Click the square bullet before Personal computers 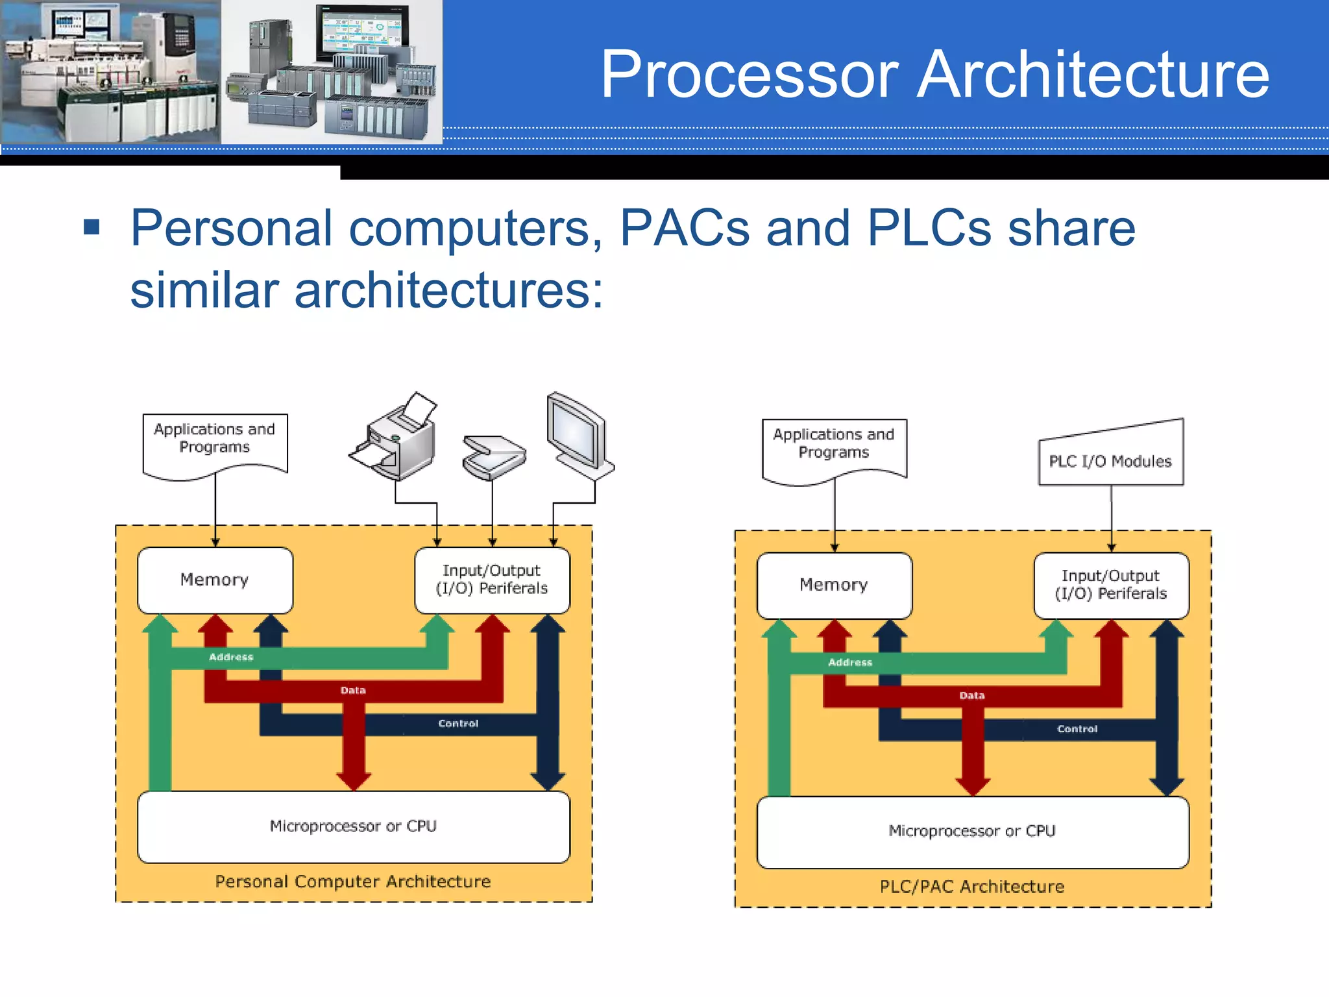pos(92,227)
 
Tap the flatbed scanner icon pos(493,457)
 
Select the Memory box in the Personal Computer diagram pos(215,580)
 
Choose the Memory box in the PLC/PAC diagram pos(834,585)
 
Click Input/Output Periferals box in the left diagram pos(492,580)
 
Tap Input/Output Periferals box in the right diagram pos(1111,585)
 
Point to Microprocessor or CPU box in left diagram pos(354,826)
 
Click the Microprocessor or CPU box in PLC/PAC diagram pos(972,831)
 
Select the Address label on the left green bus pos(231,658)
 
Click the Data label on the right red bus pos(972,696)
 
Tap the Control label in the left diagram pos(458,724)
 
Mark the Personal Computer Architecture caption pos(353,881)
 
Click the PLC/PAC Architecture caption pos(972,887)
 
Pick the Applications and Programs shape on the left pos(215,444)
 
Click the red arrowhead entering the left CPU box pos(354,779)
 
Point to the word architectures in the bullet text pos(448,290)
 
